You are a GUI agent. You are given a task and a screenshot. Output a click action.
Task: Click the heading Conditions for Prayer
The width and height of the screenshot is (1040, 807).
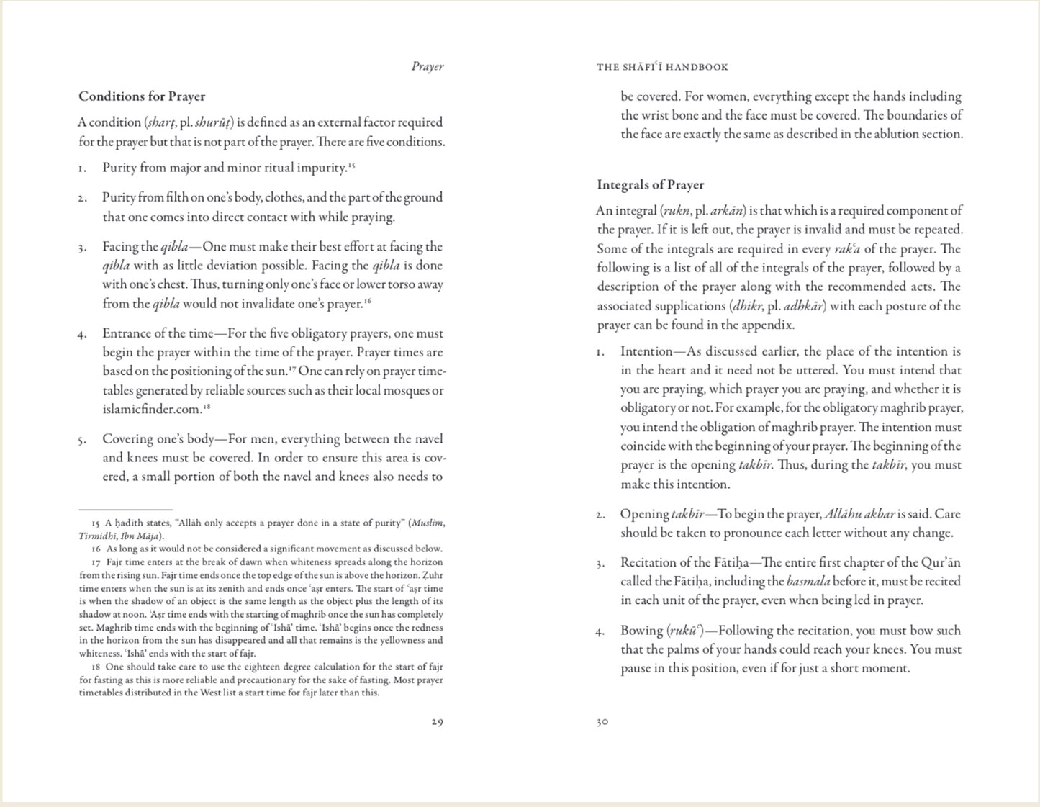point(142,96)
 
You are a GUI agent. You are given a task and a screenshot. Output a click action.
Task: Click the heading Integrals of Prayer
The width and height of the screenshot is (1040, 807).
point(650,185)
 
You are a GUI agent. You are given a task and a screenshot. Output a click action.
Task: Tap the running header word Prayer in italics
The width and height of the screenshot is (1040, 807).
point(428,67)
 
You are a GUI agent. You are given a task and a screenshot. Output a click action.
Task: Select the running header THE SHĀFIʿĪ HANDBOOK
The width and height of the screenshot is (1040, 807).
point(662,67)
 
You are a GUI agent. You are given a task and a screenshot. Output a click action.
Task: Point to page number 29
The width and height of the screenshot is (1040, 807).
point(437,722)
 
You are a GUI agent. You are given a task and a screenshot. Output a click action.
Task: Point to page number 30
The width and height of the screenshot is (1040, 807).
point(602,722)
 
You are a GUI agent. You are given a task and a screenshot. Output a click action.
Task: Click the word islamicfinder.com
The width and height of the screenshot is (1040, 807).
point(151,410)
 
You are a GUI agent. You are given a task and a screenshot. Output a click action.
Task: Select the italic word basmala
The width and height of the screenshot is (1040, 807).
point(808,582)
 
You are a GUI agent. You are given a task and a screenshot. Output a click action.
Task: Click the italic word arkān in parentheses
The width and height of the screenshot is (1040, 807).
point(728,211)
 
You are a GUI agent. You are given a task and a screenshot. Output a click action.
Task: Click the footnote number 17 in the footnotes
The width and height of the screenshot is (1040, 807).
point(96,562)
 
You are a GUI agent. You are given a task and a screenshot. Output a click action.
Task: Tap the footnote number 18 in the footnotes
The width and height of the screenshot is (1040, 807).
point(96,667)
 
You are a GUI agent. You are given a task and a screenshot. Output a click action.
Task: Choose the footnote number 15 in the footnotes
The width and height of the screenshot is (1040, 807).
point(96,523)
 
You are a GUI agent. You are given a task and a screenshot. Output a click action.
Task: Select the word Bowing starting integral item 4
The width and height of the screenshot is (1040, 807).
point(641,631)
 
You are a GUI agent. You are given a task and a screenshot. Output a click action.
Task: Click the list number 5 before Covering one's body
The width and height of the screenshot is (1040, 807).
point(83,440)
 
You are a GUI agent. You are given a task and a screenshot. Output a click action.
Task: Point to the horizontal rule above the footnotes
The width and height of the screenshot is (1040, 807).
point(125,510)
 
